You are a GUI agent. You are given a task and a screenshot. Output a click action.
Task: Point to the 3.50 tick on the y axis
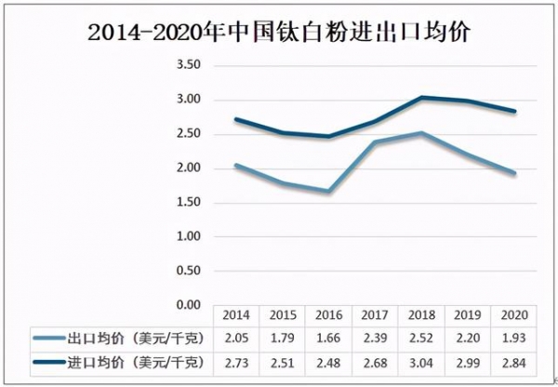point(189,65)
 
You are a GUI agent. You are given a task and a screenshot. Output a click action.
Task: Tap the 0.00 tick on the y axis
point(189,305)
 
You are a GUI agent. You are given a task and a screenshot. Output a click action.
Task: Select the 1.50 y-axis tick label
point(189,202)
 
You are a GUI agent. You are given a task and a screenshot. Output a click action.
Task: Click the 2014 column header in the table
point(237,314)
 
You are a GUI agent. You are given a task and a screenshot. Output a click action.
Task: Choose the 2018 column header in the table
point(421,314)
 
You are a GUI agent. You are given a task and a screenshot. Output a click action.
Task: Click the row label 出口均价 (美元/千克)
point(139,336)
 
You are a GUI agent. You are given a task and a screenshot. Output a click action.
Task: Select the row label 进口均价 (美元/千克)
point(139,359)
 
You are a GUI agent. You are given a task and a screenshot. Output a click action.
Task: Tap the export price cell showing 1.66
point(329,336)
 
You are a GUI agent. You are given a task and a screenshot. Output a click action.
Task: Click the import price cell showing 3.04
point(421,359)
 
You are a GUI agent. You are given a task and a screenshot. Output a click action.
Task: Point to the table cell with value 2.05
point(237,336)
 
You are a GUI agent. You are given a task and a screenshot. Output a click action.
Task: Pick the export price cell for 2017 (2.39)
point(376,336)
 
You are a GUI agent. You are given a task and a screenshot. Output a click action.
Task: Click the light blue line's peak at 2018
point(421,133)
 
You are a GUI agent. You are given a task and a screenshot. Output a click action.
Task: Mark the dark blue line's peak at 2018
point(421,97)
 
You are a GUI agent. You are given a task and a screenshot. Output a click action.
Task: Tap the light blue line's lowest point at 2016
point(329,192)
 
